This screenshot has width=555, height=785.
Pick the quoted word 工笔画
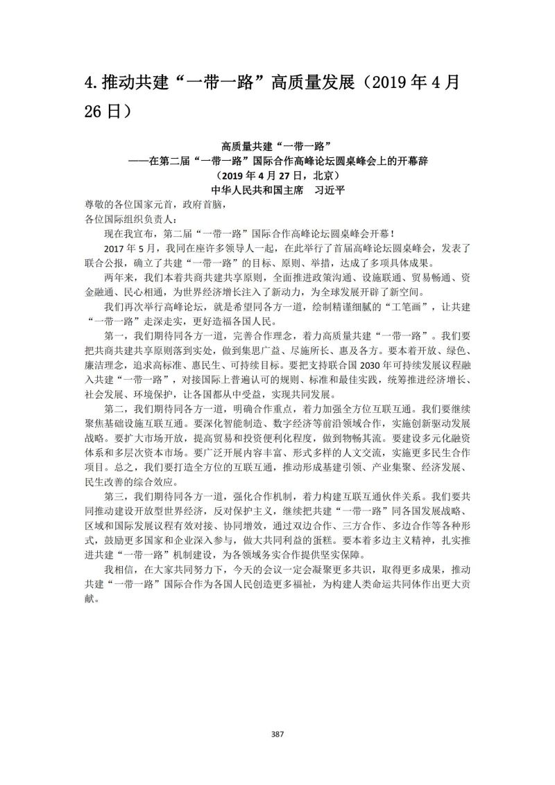[400, 307]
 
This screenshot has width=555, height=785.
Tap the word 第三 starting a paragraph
[113, 496]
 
